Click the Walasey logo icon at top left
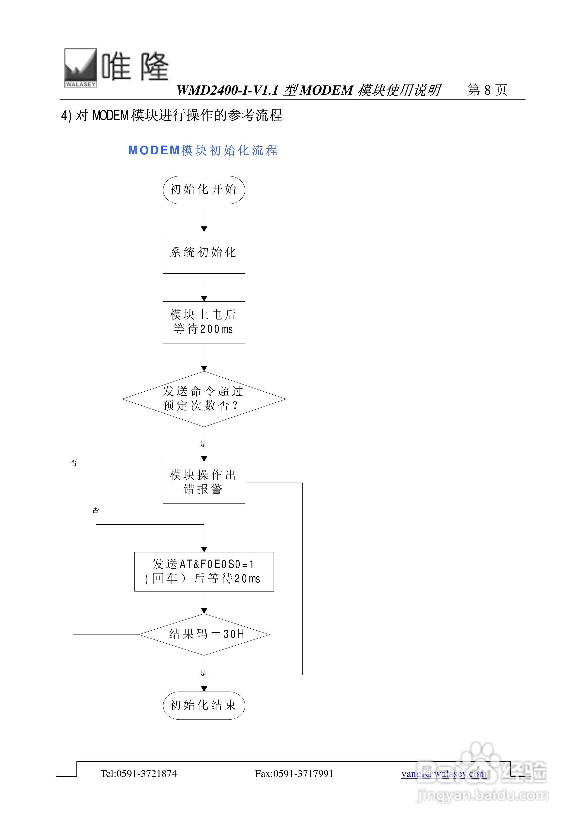[x=80, y=68]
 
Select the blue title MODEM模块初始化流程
[x=203, y=150]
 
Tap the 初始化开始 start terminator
[x=204, y=190]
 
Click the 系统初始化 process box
[x=204, y=252]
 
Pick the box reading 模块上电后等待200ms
[x=204, y=322]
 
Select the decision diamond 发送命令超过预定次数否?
[x=204, y=399]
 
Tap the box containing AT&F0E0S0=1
[x=204, y=572]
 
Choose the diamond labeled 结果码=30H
[x=204, y=634]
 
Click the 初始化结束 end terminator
[x=204, y=705]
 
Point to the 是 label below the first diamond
[x=204, y=444]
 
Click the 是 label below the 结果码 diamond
[x=204, y=673]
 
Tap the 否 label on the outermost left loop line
[x=73, y=463]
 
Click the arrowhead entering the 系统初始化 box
[x=204, y=229]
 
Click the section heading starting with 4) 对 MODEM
[x=172, y=115]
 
